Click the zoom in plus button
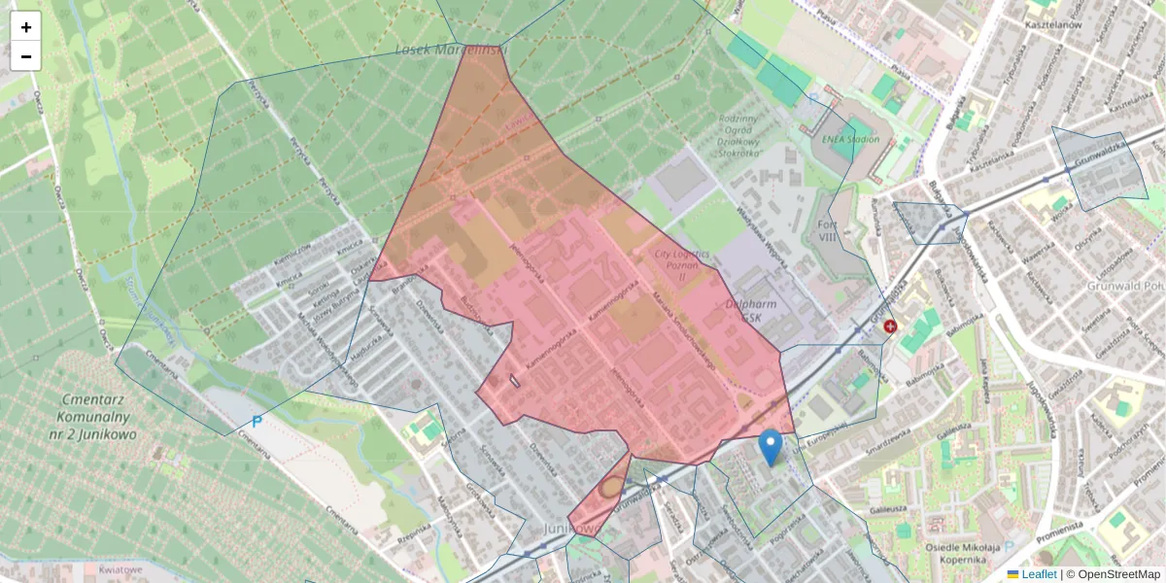pos(26,27)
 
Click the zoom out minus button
pos(26,56)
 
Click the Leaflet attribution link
pos(1038,574)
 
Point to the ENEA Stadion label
pos(850,139)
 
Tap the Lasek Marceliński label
pos(452,50)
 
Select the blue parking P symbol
pos(257,422)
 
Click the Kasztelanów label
pos(1053,25)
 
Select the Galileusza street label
pos(887,507)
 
